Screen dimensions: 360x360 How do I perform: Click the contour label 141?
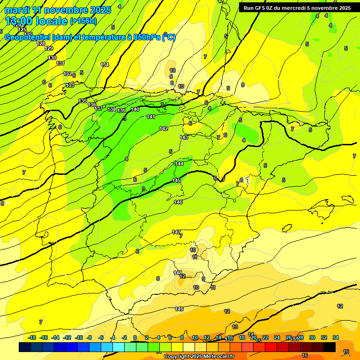click(151, 117)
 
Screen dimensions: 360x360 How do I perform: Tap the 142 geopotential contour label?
click(164, 128)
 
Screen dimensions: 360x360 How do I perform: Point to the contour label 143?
click(184, 137)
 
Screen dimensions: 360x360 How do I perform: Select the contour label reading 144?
click(180, 164)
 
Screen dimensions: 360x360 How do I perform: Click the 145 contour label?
click(176, 180)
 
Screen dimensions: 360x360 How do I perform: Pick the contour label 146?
click(178, 202)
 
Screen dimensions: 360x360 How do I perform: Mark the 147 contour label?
click(176, 232)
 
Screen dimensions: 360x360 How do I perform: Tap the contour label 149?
click(179, 309)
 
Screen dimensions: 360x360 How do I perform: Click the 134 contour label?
click(105, 65)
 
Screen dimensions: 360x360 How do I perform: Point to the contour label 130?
click(52, 58)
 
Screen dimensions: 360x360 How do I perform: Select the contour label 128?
click(41, 44)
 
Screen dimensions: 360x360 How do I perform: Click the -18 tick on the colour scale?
click(32, 337)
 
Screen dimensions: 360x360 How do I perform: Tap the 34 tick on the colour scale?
click(336, 337)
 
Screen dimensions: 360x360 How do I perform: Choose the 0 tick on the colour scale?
click(135, 337)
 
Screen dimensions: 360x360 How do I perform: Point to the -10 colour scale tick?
click(79, 337)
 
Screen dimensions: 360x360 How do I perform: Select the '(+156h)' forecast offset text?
click(83, 21)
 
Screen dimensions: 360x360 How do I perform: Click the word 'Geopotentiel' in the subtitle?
click(27, 37)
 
